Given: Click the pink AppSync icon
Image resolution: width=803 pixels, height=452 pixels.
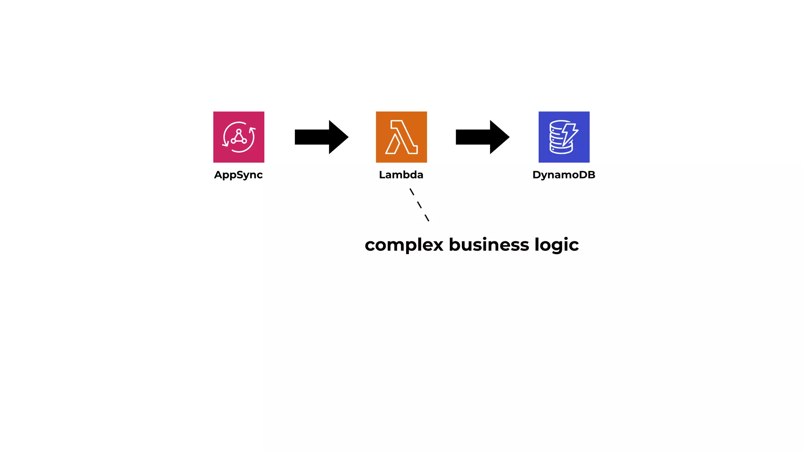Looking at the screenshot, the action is coord(238,137).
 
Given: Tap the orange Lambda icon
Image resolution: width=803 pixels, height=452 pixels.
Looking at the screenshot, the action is coord(401,137).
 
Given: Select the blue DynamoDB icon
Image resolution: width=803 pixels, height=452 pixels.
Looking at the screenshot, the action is coord(564,137).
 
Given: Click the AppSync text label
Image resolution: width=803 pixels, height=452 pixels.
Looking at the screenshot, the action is coord(238,175).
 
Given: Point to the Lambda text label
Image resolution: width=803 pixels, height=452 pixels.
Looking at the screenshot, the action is coord(401,175).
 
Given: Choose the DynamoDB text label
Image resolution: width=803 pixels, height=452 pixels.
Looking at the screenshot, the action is coord(564,175).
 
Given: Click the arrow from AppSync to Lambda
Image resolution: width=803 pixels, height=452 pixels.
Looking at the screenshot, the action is coord(320,137).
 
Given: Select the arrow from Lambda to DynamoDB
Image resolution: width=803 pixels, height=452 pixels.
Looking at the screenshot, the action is coord(481,137).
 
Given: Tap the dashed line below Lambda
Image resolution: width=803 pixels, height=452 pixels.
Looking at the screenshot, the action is coord(419,205).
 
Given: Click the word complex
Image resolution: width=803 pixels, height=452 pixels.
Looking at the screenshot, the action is coord(404,245).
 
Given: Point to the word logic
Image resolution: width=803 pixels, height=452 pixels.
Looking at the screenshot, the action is coord(556,245).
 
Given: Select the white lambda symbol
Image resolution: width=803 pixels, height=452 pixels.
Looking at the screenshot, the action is coord(401,137).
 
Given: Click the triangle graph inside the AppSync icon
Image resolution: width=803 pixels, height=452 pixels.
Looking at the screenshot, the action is coord(239,137).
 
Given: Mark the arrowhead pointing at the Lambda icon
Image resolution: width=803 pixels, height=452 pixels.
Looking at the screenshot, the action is coord(338,137).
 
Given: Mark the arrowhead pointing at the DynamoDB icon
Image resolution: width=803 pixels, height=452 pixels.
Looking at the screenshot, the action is coord(499,137).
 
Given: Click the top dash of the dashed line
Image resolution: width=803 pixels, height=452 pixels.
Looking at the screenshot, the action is coord(412,192).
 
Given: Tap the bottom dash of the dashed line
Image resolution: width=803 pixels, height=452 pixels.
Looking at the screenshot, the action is coord(427,218).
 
